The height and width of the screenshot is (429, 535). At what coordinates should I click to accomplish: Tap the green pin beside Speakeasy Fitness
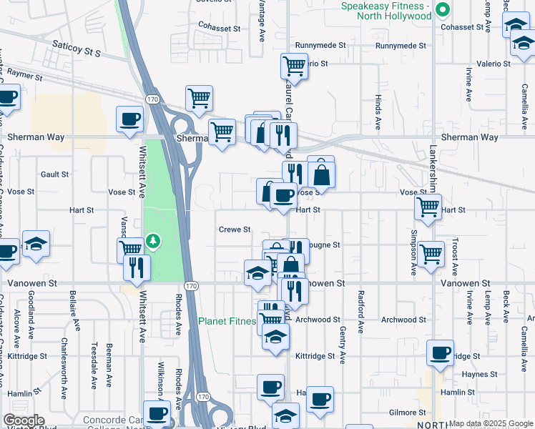pyautogui.click(x=442, y=10)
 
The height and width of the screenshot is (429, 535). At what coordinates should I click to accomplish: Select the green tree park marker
pyautogui.click(x=152, y=242)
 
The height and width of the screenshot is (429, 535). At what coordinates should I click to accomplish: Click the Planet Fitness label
pyautogui.click(x=227, y=322)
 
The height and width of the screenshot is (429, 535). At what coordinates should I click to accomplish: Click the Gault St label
pyautogui.click(x=54, y=174)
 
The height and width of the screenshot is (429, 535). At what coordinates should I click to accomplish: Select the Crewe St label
pyautogui.click(x=235, y=230)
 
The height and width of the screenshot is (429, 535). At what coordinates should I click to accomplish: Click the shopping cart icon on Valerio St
pyautogui.click(x=294, y=66)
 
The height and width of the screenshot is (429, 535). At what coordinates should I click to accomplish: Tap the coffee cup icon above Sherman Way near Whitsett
pyautogui.click(x=129, y=119)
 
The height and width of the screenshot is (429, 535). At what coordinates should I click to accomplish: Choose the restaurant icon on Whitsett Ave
pyautogui.click(x=137, y=267)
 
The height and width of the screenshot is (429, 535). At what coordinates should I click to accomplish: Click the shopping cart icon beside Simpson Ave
pyautogui.click(x=431, y=254)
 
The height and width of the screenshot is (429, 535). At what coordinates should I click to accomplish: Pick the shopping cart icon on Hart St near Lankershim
pyautogui.click(x=428, y=207)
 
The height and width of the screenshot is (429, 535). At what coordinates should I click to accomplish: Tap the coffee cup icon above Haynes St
pyautogui.click(x=441, y=352)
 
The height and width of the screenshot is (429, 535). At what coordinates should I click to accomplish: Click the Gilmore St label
pyautogui.click(x=408, y=413)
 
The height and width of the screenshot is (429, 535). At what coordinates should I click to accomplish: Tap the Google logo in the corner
pyautogui.click(x=24, y=420)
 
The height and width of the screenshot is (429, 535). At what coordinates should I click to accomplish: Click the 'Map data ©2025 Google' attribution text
pyautogui.click(x=491, y=423)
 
